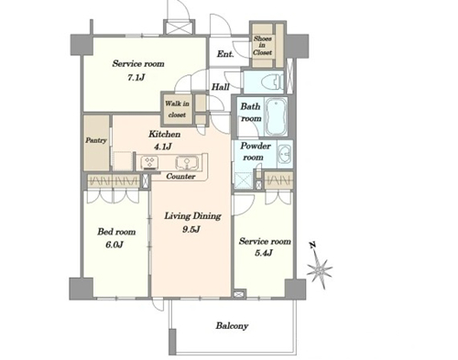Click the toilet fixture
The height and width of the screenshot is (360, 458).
(273, 82)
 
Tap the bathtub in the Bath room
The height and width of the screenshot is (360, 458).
(276, 116)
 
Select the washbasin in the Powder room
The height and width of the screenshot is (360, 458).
(285, 154)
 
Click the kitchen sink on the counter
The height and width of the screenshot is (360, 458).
(187, 162)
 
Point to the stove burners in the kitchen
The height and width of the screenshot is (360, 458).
(149, 162)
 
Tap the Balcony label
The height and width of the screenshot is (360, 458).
(232, 326)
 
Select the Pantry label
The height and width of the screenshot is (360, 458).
(96, 140)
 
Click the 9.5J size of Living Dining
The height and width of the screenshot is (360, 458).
(191, 229)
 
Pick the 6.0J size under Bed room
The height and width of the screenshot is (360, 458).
(114, 245)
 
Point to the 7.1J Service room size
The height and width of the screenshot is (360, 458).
(136, 78)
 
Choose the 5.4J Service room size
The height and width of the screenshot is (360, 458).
(264, 253)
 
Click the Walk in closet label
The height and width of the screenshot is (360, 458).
(177, 109)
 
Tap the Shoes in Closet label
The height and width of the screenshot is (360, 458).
(262, 46)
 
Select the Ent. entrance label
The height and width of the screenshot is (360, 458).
(225, 54)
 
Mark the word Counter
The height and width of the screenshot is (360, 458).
(180, 176)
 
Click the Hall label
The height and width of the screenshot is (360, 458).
(221, 87)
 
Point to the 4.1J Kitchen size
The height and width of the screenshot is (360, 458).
(163, 147)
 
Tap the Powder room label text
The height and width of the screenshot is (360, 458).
(255, 151)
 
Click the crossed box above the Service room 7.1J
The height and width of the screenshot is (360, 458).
(180, 27)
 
